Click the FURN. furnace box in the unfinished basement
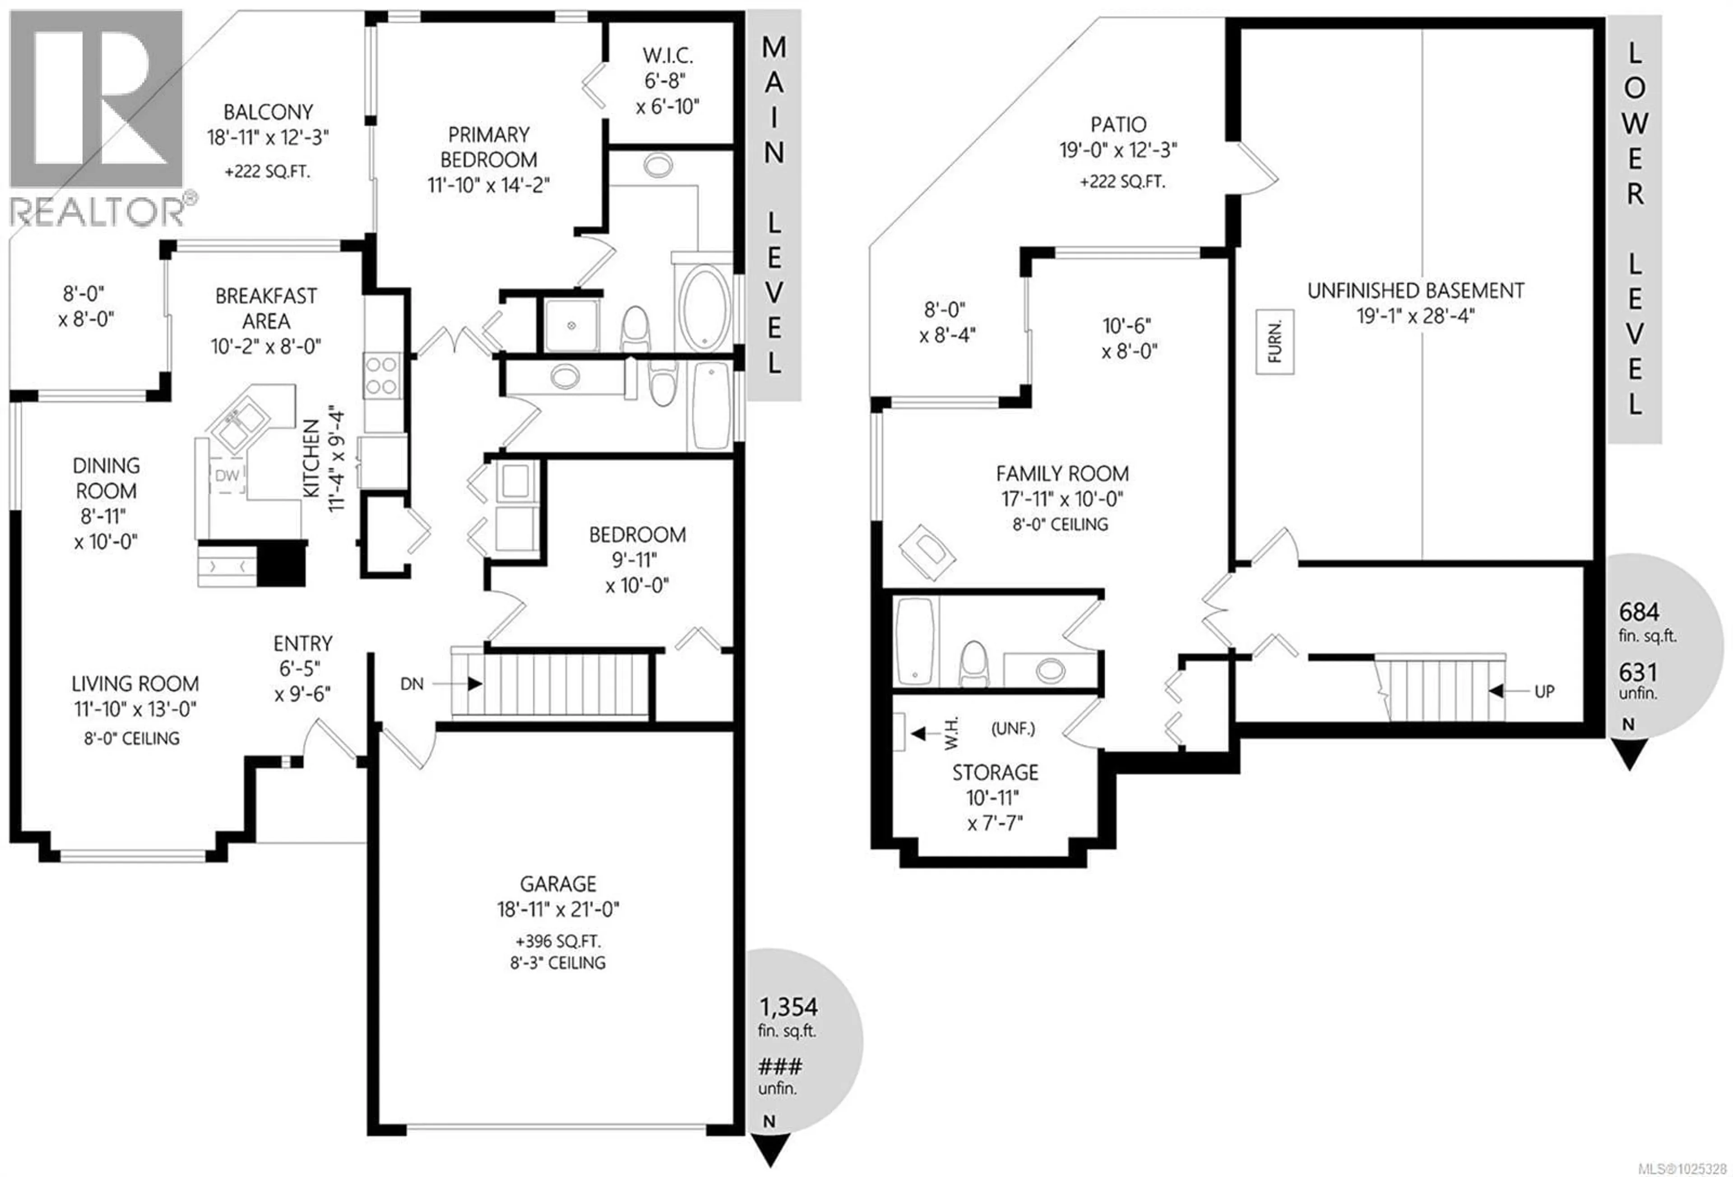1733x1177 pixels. (1274, 342)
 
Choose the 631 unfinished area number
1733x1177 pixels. (1638, 672)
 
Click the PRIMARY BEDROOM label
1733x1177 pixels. (488, 148)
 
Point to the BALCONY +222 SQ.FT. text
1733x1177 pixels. (267, 171)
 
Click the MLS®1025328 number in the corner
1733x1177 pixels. (1678, 1168)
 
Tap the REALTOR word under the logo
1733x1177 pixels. (97, 211)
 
